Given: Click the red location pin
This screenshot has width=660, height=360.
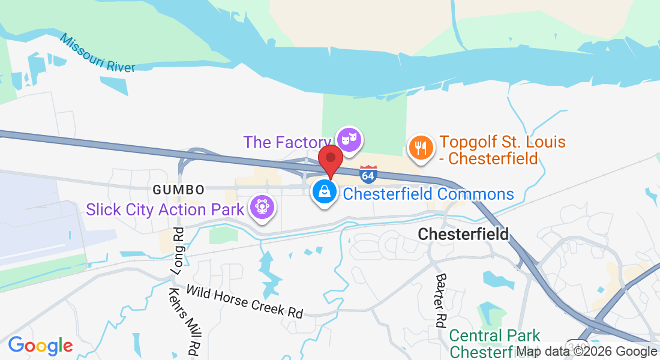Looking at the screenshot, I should tap(330, 160).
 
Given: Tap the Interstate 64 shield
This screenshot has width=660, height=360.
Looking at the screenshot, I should tap(368, 174).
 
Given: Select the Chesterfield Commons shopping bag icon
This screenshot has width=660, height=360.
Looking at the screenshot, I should tap(324, 193).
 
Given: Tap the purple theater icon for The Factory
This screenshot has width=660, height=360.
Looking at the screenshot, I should tap(349, 139).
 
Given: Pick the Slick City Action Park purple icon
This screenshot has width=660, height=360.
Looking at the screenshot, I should tap(262, 207).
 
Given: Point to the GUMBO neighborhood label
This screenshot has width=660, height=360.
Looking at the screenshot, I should tap(178, 190).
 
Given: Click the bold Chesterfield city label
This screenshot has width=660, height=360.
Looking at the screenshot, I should tap(463, 234).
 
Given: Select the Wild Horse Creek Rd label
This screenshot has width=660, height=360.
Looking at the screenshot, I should tap(244, 301).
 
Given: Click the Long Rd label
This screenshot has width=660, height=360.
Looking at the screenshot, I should tap(177, 251).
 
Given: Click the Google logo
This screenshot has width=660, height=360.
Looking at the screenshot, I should tap(40, 346).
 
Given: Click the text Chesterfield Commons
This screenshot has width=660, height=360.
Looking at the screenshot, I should tap(428, 194).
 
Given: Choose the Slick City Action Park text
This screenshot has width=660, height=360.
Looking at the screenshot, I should tap(165, 209).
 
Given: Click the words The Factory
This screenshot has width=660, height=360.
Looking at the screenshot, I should tap(284, 142).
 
